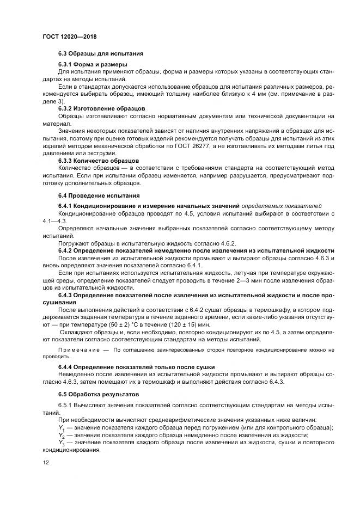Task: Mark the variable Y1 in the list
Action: click(61, 428)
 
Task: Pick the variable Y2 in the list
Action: click(61, 436)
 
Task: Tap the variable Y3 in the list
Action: click(61, 444)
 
